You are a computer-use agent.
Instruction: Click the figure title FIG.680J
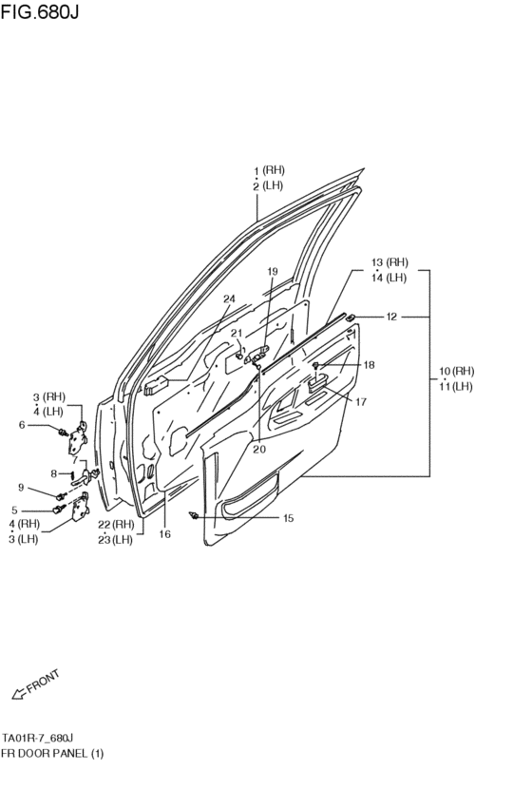click(39, 13)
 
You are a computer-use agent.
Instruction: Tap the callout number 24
click(228, 299)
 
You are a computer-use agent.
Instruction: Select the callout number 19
click(272, 272)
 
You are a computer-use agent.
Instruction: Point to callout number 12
click(391, 316)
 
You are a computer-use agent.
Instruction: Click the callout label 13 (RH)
click(389, 262)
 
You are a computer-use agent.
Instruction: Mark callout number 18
click(369, 364)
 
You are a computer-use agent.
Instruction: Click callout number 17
click(361, 402)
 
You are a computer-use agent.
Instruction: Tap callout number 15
click(288, 518)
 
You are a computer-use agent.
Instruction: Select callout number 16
click(164, 534)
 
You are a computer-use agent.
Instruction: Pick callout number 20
click(259, 450)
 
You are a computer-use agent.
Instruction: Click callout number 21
click(237, 333)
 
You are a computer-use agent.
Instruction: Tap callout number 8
click(54, 472)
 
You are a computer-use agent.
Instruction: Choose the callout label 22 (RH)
click(123, 525)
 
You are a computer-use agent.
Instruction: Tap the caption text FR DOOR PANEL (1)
click(52, 753)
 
